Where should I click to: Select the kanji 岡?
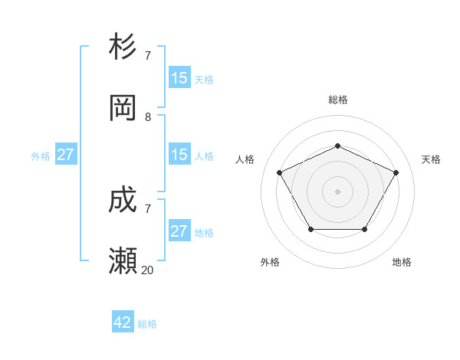[x=123, y=107]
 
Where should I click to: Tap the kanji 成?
[x=123, y=201]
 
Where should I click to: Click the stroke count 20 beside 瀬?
[x=148, y=270]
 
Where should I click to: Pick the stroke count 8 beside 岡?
[x=148, y=117]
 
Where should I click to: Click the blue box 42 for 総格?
[x=123, y=322]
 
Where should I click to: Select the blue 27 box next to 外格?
[x=65, y=155]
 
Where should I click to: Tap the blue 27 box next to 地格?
[x=179, y=231]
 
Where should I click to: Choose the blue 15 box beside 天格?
[x=179, y=77]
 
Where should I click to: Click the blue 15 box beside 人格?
[x=179, y=155]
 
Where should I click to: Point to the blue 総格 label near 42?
[x=147, y=324]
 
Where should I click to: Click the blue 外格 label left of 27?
[x=41, y=155]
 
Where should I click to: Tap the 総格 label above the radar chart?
[x=337, y=100]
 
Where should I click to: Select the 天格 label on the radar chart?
[x=431, y=159]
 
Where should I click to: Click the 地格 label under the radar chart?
[x=402, y=262]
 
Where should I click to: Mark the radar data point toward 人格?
[x=279, y=172]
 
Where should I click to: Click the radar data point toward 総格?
[x=337, y=146]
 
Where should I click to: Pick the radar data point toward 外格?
[x=310, y=229]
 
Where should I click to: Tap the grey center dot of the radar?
[x=337, y=191]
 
